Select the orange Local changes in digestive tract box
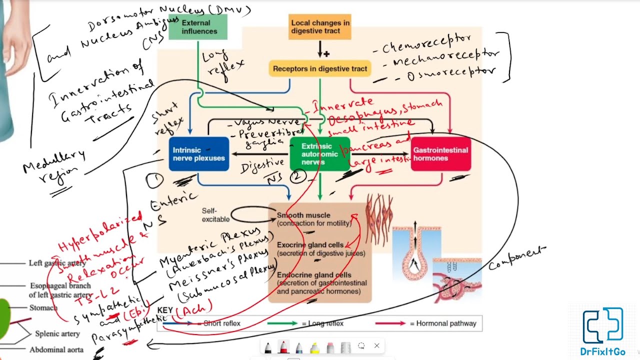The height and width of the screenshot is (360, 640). [319, 27]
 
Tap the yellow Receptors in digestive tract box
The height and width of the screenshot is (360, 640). [320, 68]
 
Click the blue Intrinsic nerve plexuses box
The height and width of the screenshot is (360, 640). [198, 154]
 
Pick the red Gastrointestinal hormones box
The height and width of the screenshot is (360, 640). [440, 154]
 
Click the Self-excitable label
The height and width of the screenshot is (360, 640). [216, 215]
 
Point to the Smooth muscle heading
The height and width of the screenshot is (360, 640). [303, 215]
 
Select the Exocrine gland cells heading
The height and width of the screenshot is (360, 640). [310, 245]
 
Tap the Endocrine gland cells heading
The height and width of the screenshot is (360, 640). [313, 275]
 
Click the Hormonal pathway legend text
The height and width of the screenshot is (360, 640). [443, 323]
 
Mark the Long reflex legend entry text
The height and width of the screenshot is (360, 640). [322, 323]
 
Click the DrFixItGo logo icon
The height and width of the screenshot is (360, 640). [602, 325]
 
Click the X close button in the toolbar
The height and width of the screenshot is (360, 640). [376, 346]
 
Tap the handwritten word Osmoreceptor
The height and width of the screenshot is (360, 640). [450, 73]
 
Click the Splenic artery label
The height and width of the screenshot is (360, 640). [57, 333]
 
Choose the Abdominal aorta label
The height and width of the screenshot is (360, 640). [56, 350]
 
